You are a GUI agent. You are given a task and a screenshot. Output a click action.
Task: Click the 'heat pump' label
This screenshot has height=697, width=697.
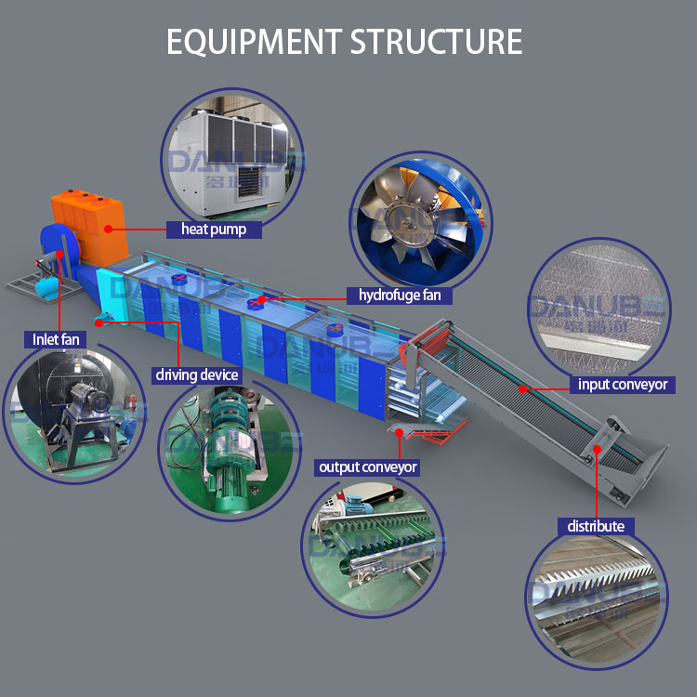[214, 229]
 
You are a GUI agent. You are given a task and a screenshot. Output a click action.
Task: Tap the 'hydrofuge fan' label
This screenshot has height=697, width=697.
[406, 296]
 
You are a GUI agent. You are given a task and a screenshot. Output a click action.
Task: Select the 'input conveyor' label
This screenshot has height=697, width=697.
[622, 384]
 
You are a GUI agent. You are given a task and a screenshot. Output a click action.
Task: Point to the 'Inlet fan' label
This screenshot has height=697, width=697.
[57, 339]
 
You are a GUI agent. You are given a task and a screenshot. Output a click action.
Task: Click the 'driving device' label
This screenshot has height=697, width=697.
[196, 375]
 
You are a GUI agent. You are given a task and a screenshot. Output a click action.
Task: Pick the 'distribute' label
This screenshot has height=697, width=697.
[596, 526]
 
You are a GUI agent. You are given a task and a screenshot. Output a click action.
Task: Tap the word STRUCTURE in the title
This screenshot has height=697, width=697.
[437, 41]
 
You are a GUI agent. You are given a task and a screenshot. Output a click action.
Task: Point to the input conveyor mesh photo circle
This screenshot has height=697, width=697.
[598, 307]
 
